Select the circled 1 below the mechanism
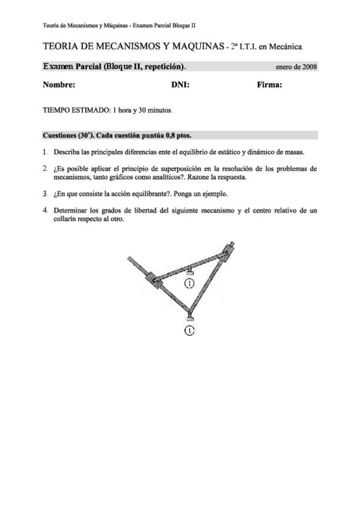point(189,331)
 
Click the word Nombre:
point(59,85)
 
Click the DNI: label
point(180,85)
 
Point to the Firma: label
point(269,85)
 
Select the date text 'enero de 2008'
point(296,67)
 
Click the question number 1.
point(46,152)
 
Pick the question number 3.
point(46,194)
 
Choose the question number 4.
point(46,211)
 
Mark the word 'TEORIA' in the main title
point(61,46)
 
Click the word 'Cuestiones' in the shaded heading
point(59,135)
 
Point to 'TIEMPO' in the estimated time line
point(58,111)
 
